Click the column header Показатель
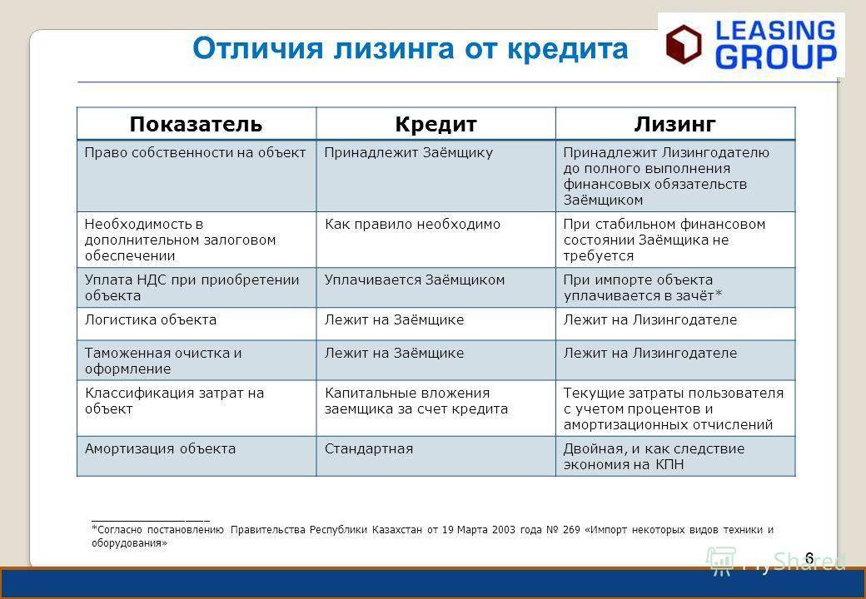click(196, 124)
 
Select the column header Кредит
click(435, 124)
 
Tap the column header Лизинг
click(675, 124)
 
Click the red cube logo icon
click(684, 44)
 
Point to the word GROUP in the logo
click(776, 57)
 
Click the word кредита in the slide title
click(568, 48)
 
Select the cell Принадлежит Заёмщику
click(409, 153)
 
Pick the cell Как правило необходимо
click(412, 225)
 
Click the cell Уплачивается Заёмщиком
click(415, 280)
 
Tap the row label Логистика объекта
click(151, 320)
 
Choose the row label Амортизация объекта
click(160, 449)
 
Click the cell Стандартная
click(369, 449)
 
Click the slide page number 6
click(809, 557)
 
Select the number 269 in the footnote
click(571, 530)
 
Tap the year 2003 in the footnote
click(504, 530)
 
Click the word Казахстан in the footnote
click(397, 530)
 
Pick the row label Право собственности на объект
click(195, 153)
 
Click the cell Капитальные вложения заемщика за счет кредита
click(416, 401)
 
